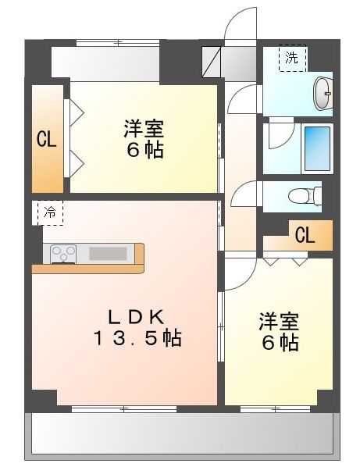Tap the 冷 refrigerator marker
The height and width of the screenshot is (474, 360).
pyautogui.click(x=49, y=212)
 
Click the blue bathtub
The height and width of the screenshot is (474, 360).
pyautogui.click(x=317, y=148)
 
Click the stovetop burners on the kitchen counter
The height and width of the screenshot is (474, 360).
pyautogui.click(x=63, y=253)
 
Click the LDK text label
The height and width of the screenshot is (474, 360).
pyautogui.click(x=135, y=317)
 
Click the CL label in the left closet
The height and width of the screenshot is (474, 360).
pyautogui.click(x=45, y=140)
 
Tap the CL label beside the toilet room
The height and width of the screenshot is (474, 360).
pyautogui.click(x=305, y=235)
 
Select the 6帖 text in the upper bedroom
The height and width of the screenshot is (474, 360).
pyautogui.click(x=145, y=150)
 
